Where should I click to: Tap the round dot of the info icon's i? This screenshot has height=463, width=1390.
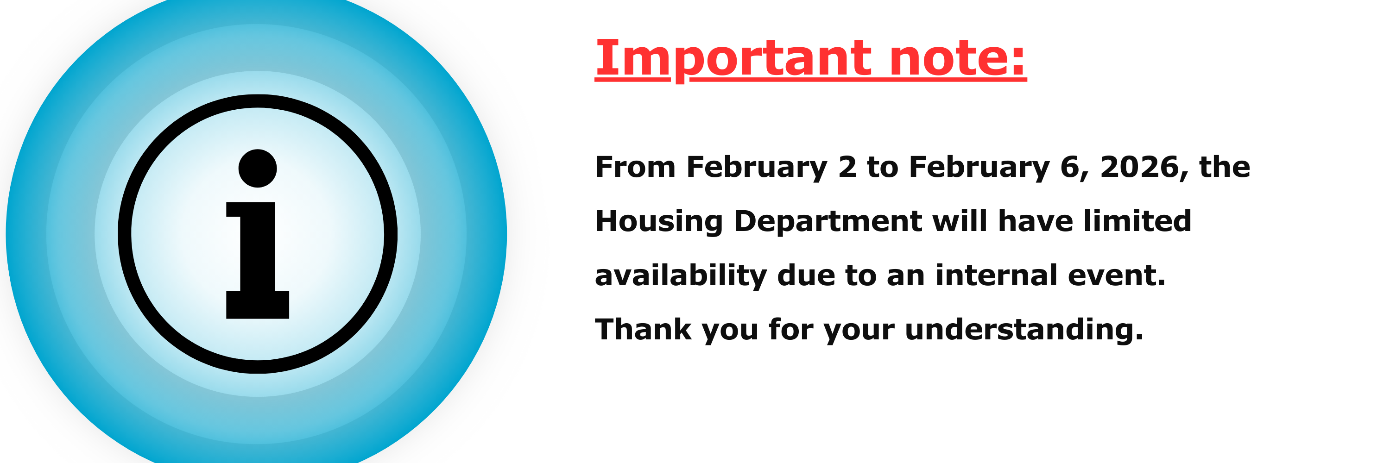pyautogui.click(x=258, y=168)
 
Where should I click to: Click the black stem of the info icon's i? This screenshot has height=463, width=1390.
pyautogui.click(x=258, y=260)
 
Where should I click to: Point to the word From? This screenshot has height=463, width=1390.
pyautogui.click(x=635, y=167)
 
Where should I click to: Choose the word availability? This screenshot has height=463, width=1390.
pyautogui.click(x=681, y=276)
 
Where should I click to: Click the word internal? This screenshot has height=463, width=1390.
pyautogui.click(x=996, y=275)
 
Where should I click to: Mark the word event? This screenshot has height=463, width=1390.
pyautogui.click(x=1117, y=276)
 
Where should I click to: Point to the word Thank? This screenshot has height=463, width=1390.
pyautogui.click(x=643, y=329)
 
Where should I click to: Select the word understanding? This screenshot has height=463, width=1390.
pyautogui.click(x=1024, y=330)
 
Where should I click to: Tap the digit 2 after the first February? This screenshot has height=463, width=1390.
pyautogui.click(x=847, y=167)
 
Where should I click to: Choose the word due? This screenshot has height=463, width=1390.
pyautogui.click(x=806, y=275)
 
